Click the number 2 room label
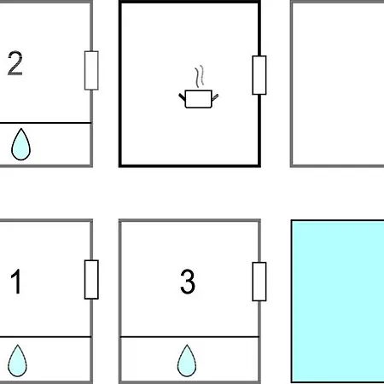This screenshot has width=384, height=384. tap(15, 63)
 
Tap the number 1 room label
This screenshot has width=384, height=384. tap(16, 282)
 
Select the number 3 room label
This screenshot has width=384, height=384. tap(188, 282)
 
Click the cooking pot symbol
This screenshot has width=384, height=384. tap(199, 99)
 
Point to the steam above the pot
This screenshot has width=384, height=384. tap(200, 76)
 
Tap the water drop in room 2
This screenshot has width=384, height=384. tap(20, 144)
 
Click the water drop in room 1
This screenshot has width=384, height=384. tap(17, 361)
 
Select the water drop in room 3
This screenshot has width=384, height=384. tap(187, 361)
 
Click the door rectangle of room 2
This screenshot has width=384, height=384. tap(91, 71)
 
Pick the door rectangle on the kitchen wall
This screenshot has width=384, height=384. tap(259, 75)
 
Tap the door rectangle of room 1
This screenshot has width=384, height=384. tap(91, 280)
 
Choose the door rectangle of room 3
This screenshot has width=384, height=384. tap(259, 282)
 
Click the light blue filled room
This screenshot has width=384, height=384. tap(338, 301)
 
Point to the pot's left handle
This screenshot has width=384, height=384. tap(182, 96)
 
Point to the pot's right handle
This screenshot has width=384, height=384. tap(215, 97)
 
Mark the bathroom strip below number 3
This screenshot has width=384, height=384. tap(189, 359)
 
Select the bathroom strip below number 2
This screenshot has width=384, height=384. tap(45, 144)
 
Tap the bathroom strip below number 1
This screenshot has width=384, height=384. tap(45, 359)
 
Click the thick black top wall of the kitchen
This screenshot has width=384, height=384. tap(189, 2)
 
